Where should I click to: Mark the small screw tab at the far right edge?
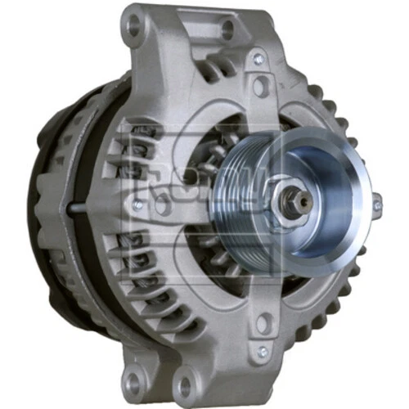click(376, 205)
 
